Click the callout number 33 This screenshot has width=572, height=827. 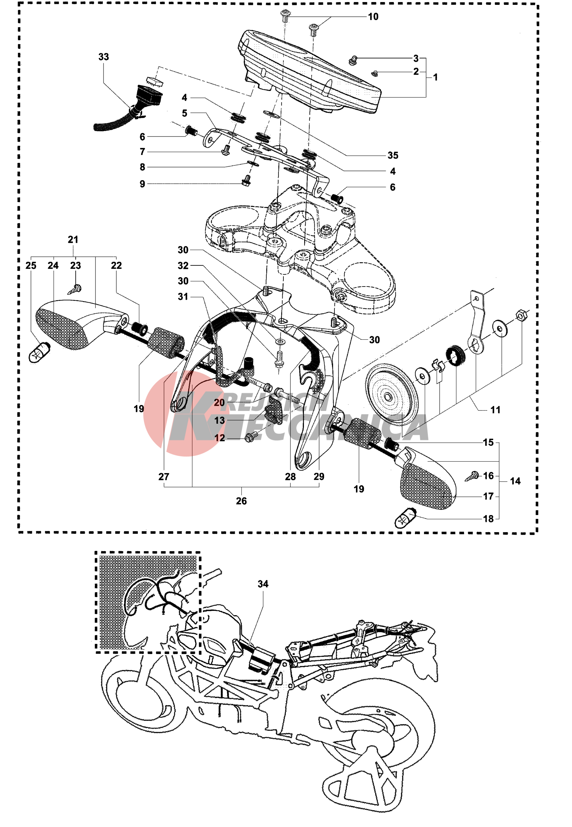pyautogui.click(x=103, y=57)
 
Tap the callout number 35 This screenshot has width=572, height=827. pyautogui.click(x=393, y=155)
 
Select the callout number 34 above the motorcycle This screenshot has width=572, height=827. pyautogui.click(x=263, y=584)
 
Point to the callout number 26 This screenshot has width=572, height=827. pyautogui.click(x=241, y=501)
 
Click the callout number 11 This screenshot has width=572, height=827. pyautogui.click(x=495, y=410)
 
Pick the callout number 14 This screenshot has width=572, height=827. pyautogui.click(x=515, y=481)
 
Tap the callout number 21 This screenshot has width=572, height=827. pyautogui.click(x=73, y=239)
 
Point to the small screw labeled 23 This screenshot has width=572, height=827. pyautogui.click(x=76, y=289)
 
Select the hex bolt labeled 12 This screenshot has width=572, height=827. pyautogui.click(x=250, y=437)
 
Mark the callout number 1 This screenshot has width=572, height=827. pyautogui.click(x=435, y=77)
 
